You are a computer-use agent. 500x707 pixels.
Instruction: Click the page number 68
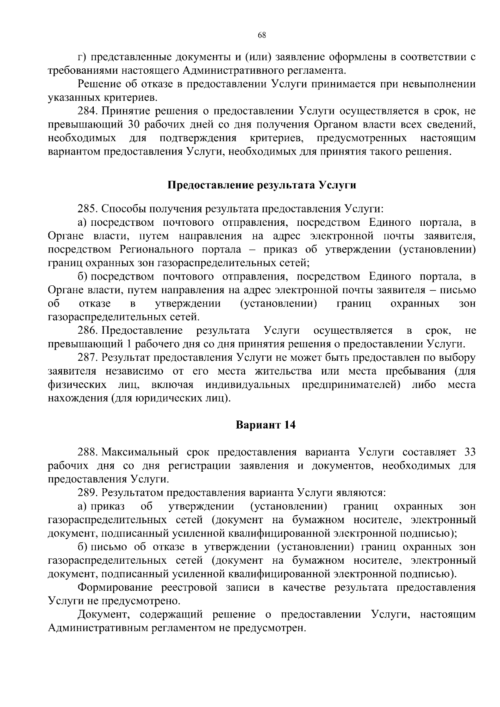pos(262,35)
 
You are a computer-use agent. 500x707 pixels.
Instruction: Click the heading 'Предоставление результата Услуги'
pos(262,185)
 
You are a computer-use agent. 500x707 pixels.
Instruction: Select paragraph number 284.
pos(87,111)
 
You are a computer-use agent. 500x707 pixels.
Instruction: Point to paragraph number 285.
pos(87,208)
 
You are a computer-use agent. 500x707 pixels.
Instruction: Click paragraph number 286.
pos(87,330)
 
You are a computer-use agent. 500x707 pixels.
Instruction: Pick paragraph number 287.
pos(87,357)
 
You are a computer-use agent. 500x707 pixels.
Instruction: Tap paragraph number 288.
pos(87,452)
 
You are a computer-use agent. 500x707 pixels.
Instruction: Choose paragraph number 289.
pos(87,493)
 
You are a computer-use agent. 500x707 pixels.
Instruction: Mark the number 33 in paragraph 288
pos(470,452)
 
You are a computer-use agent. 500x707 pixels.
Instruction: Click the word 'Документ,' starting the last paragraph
pos(104,615)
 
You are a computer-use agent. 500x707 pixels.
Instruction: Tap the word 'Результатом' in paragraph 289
pos(132,493)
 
